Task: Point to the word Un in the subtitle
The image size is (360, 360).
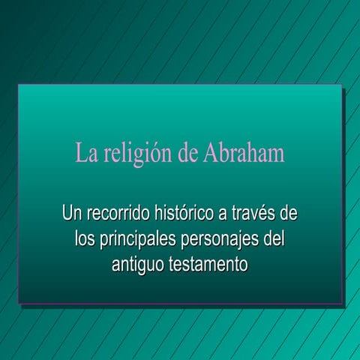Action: point(72,214)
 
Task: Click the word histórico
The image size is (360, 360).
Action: point(183,214)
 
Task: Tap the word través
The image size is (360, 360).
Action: point(253,214)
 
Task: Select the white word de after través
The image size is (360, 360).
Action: point(288,214)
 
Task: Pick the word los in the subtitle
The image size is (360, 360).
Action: point(84,240)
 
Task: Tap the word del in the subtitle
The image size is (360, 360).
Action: point(274,240)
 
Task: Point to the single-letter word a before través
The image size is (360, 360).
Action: point(223,215)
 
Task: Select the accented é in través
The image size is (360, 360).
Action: point(260,214)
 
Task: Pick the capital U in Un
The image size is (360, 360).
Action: point(67,214)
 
